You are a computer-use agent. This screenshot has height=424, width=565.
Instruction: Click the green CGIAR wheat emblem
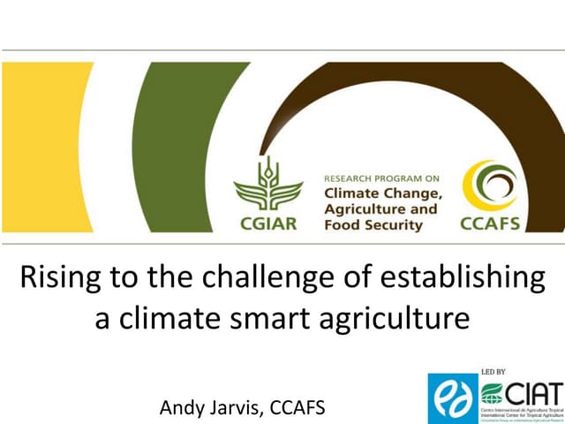(268, 185)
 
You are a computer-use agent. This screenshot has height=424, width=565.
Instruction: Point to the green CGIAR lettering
(268, 223)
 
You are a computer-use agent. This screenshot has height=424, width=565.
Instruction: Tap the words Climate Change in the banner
(380, 193)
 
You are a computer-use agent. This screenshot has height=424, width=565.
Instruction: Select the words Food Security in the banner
(373, 225)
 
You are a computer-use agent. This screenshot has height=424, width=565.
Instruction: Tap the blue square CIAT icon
(452, 397)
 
